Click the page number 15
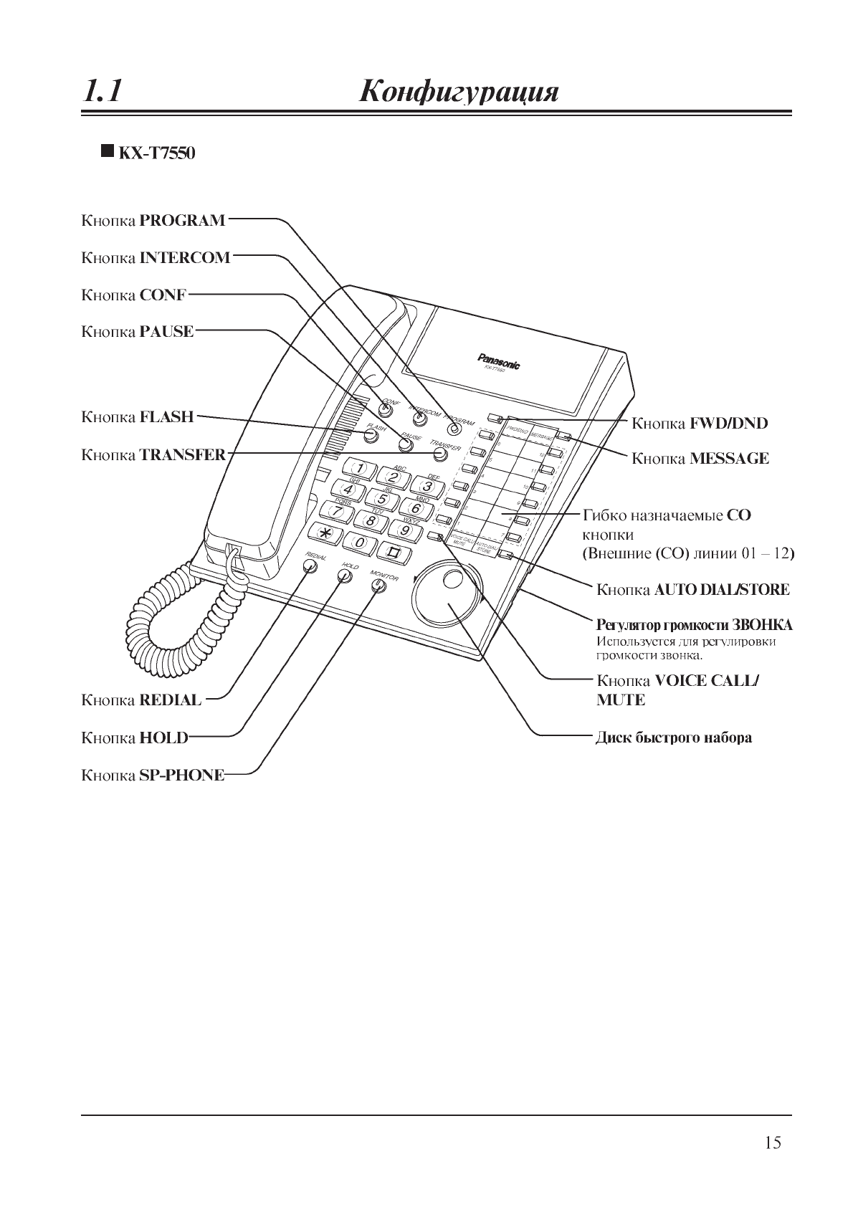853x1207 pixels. [x=773, y=1142]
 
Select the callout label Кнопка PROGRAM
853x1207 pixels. [x=153, y=220]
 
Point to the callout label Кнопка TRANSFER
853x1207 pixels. [x=153, y=454]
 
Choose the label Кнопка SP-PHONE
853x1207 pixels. [x=153, y=775]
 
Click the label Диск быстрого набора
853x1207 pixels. [x=674, y=738]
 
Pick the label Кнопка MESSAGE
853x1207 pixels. [x=700, y=459]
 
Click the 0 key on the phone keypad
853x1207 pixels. [x=361, y=543]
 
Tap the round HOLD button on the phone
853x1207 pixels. [x=345, y=576]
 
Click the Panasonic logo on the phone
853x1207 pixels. [x=499, y=361]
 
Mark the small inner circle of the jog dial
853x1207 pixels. [x=454, y=579]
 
